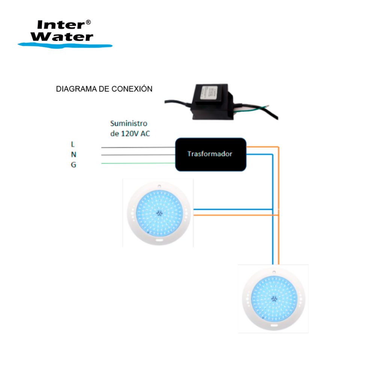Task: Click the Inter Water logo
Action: click(65, 33)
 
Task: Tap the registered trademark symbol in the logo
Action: click(88, 23)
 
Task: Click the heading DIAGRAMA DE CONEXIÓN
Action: click(104, 89)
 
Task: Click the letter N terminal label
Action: click(74, 154)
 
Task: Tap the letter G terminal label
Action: click(74, 164)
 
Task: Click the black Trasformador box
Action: click(211, 154)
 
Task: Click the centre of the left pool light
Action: click(158, 213)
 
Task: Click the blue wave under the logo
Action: click(65, 45)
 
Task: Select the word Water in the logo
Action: click(62, 37)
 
